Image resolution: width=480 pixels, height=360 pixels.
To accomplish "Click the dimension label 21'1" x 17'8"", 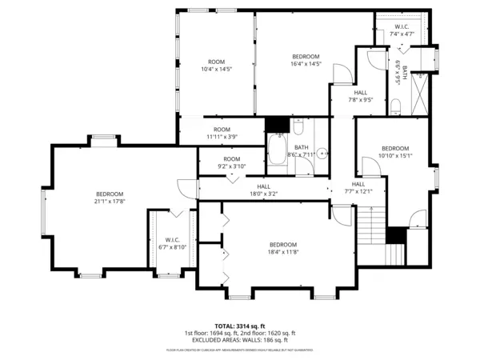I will tap(110, 202).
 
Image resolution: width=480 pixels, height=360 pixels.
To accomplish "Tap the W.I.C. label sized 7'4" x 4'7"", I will tap(402, 34).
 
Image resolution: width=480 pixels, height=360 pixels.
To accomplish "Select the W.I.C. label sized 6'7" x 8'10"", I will tap(172, 247).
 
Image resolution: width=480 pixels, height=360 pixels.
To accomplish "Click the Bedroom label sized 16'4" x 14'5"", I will tap(306, 63).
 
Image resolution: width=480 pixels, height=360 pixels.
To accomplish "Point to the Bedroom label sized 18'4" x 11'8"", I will tap(283, 252).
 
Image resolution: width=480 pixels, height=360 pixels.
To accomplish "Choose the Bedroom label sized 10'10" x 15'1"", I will tap(395, 156).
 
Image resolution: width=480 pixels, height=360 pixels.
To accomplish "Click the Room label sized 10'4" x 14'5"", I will tap(216, 70).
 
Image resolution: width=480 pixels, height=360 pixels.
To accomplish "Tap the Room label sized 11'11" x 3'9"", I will tap(222, 137).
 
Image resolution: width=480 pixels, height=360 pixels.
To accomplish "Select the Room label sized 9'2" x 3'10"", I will tap(232, 166).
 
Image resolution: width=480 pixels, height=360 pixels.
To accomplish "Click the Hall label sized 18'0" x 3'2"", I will tap(263, 193).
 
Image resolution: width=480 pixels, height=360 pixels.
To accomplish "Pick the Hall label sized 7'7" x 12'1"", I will tap(358, 190).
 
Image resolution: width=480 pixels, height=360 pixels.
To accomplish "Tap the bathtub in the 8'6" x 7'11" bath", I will tap(279, 149).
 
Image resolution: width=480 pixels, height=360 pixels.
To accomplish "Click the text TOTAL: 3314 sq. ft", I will tap(239, 326).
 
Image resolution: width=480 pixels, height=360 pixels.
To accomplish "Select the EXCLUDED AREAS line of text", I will tap(240, 340).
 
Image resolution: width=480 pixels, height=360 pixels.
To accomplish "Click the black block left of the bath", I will tap(278, 126).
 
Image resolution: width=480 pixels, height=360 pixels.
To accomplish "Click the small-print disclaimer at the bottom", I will tap(240, 350).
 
